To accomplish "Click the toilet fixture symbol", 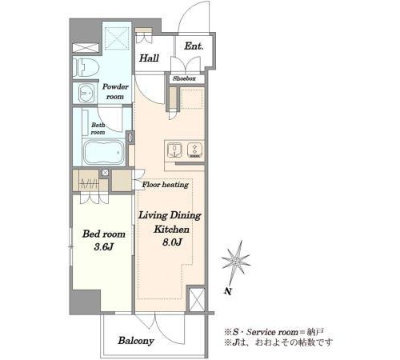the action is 86,68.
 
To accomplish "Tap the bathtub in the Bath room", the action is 103,153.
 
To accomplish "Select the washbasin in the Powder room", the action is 86,93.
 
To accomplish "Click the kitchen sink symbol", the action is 174,150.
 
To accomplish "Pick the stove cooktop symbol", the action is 194,150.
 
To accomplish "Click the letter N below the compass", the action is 227,291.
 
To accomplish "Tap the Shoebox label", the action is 184,78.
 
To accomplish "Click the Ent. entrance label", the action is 194,46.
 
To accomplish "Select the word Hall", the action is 149,58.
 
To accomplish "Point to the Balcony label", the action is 136,341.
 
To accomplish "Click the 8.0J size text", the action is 172,242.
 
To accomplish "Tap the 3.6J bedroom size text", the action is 104,247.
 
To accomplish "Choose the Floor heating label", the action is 166,185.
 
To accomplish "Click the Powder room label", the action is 115,91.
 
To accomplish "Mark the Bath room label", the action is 98,129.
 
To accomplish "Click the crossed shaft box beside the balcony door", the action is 197,299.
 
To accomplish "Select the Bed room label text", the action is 104,234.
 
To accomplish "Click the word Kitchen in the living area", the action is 171,229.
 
